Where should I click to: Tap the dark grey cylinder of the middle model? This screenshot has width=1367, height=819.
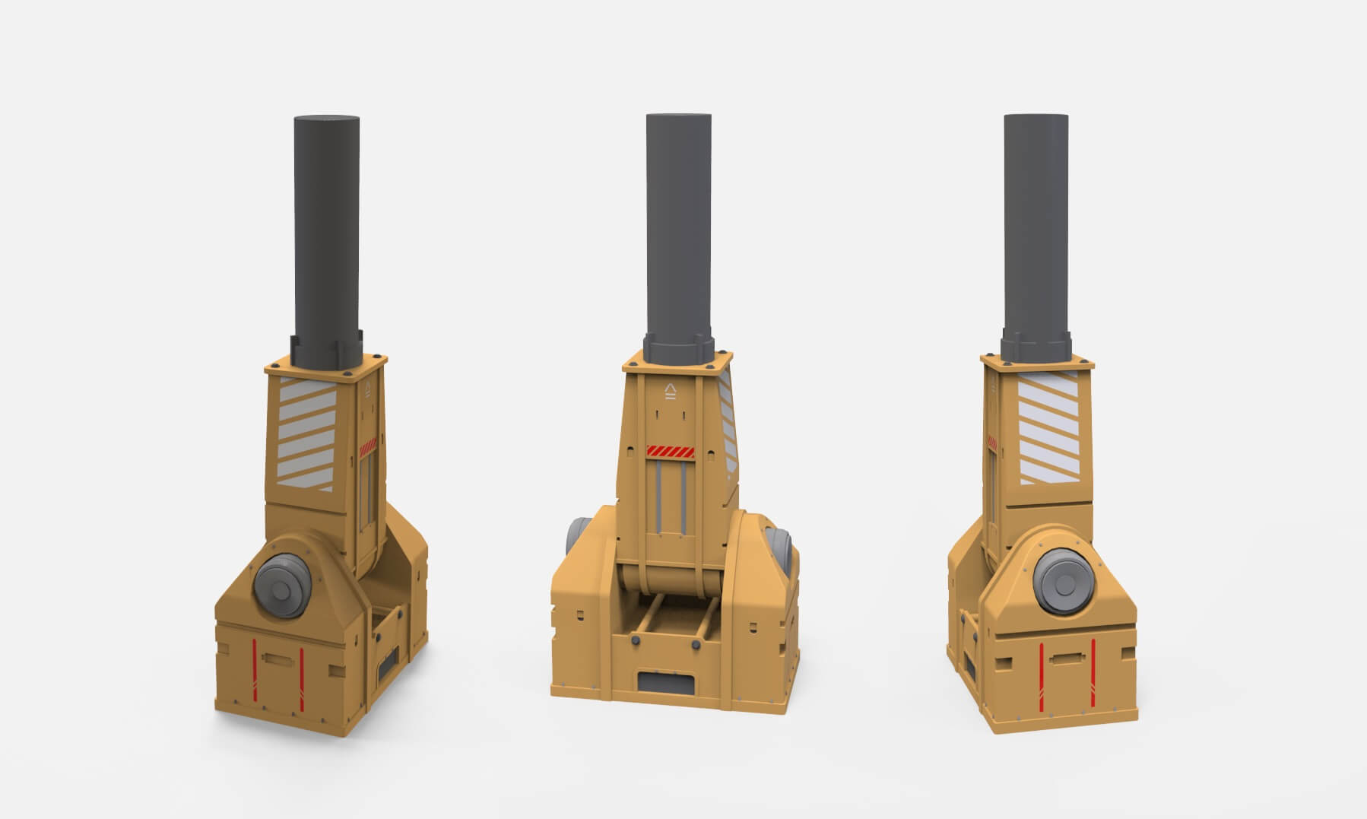coord(679,221)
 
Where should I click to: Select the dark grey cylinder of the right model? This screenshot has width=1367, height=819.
coord(1036,221)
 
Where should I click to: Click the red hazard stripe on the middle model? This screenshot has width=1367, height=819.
coord(670,452)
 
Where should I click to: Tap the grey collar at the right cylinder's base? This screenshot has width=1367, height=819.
coord(1036,347)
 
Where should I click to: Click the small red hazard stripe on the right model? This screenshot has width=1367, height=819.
coord(994,442)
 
